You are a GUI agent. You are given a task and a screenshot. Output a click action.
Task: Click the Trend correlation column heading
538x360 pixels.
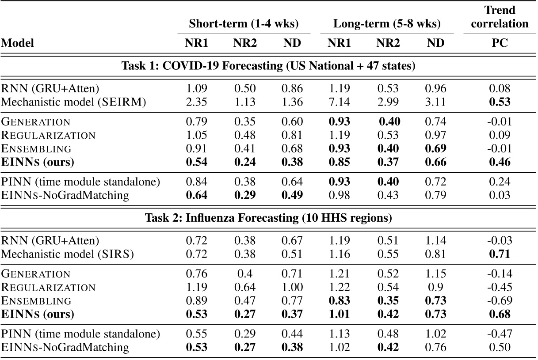pyautogui.click(x=500, y=17)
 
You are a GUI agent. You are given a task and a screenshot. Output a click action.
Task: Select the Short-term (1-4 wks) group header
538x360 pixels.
pyautogui.click(x=244, y=24)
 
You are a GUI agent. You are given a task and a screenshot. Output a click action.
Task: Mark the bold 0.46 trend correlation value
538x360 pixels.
pyautogui.click(x=500, y=162)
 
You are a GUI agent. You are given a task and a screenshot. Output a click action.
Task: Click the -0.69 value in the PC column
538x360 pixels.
pyautogui.click(x=500, y=301)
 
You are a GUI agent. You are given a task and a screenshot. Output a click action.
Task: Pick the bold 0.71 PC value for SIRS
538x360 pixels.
pyautogui.click(x=500, y=253)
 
